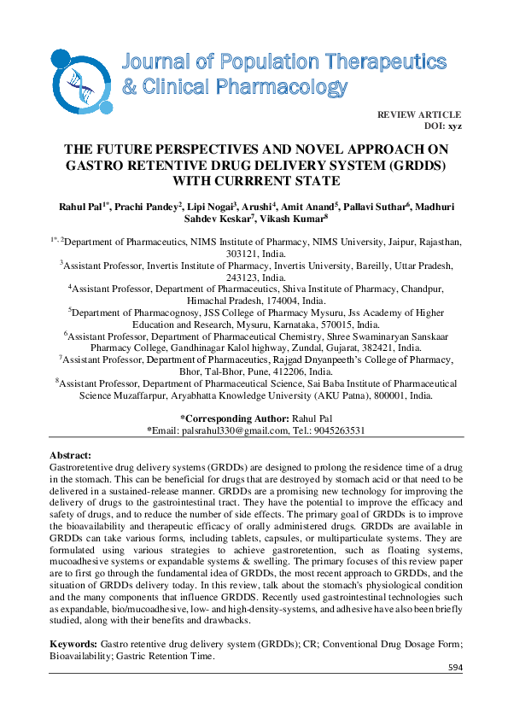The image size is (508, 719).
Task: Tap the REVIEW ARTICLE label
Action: click(418, 114)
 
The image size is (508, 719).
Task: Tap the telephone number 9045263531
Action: click(339, 430)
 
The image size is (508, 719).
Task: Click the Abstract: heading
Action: click(71, 457)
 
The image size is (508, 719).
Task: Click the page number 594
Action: click(454, 668)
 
